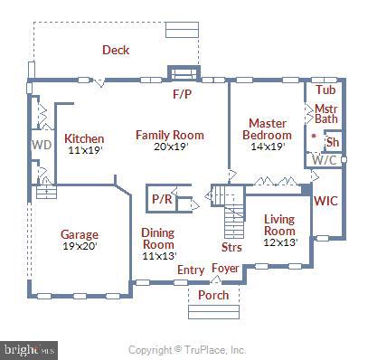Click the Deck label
[x=116, y=50]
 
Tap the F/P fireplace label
[x=182, y=94]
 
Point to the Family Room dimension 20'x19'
[x=171, y=147]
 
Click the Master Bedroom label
[x=268, y=129]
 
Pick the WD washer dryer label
[x=42, y=145]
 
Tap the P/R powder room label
[x=162, y=199]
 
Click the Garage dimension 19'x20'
[x=80, y=246]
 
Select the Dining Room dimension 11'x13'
[x=159, y=256]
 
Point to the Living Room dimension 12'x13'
[x=281, y=242]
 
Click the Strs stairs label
[x=231, y=247]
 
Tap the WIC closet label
[x=325, y=201]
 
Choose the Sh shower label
[x=333, y=142]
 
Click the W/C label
[x=325, y=160]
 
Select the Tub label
[x=325, y=90]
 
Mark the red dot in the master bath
[x=314, y=136]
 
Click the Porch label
[x=213, y=295]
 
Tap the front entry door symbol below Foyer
[x=215, y=280]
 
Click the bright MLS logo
[x=29, y=350]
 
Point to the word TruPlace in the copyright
[x=205, y=350]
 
